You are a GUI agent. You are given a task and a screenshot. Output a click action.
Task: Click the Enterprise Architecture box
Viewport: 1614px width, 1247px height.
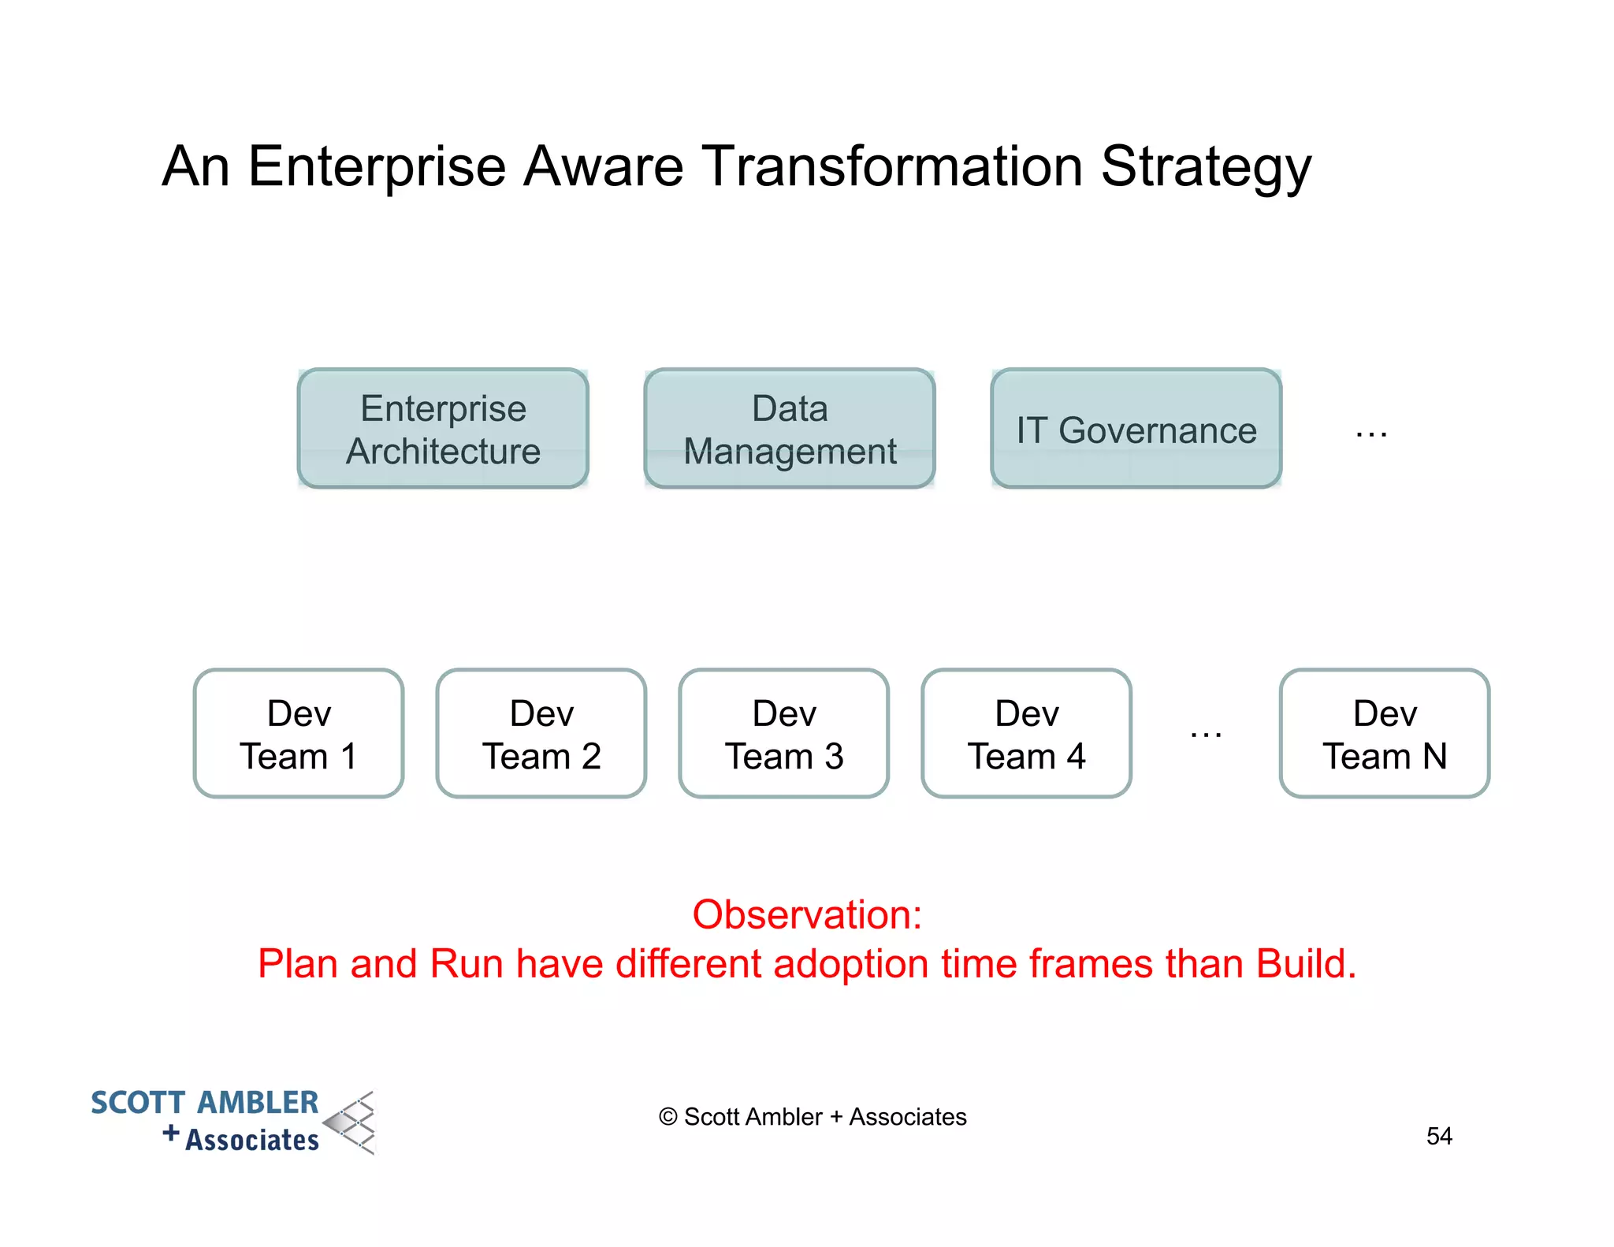pyautogui.click(x=443, y=429)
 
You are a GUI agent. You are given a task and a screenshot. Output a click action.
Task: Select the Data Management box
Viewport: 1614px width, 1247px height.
pyautogui.click(x=790, y=429)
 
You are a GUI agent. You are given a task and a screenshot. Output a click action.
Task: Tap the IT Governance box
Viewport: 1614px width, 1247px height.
pyautogui.click(x=1136, y=429)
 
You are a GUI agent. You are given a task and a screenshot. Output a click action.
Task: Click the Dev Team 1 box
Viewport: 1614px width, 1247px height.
pyautogui.click(x=299, y=734)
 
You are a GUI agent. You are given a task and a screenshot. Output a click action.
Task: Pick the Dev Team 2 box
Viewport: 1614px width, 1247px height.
pyautogui.click(x=541, y=734)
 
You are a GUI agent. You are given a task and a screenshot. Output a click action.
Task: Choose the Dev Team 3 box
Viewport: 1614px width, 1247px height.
pyautogui.click(x=784, y=734)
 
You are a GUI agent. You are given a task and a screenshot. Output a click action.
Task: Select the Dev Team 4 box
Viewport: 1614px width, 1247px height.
pyautogui.click(x=1027, y=734)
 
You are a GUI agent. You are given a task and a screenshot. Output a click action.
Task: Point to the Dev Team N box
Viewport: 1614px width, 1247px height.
pyautogui.click(x=1385, y=734)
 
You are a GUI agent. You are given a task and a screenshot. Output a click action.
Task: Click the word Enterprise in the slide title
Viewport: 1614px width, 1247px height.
pyautogui.click(x=377, y=168)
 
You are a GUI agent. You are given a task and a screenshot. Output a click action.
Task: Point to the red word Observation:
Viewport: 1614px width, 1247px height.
pyautogui.click(x=807, y=915)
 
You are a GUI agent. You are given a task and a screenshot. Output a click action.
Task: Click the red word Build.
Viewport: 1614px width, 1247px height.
pyautogui.click(x=1306, y=963)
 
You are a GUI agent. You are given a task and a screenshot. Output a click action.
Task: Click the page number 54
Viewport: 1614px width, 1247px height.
pyautogui.click(x=1439, y=1136)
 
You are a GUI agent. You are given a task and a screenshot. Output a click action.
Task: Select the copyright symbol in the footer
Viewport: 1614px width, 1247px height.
pyautogui.click(x=668, y=1117)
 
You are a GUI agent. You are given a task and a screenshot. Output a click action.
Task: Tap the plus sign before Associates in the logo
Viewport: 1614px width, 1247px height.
pyautogui.click(x=171, y=1133)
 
